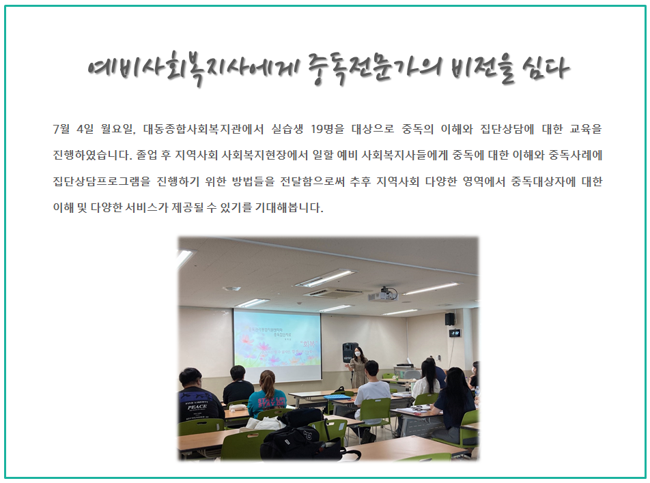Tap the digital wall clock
455,333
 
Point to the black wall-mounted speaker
450,319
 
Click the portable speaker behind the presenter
350,353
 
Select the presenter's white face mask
356,355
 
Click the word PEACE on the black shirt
197,407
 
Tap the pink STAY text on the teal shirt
266,400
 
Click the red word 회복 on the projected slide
309,344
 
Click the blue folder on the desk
337,397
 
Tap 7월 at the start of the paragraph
61,129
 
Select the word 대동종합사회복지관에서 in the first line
203,129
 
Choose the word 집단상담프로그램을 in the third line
102,181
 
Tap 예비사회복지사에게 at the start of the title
193,68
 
